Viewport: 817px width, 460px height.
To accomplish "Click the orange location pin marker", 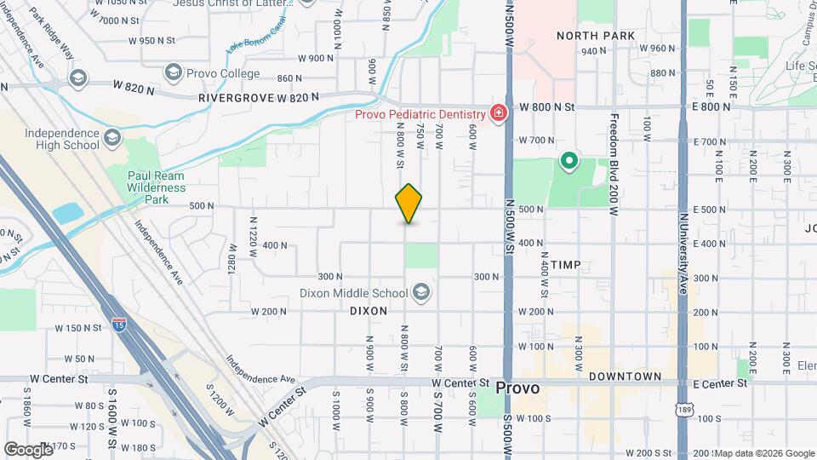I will (409, 204).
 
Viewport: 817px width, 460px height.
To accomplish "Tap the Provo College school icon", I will (174, 72).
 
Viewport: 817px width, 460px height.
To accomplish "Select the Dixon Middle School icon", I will (420, 293).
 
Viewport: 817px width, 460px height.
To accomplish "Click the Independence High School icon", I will (112, 137).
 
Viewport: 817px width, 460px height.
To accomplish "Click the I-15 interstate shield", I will (120, 324).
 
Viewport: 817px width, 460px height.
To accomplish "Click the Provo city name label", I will (517, 388).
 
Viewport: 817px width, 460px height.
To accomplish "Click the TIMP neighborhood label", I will (566, 265).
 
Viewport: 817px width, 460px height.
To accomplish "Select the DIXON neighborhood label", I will (369, 312).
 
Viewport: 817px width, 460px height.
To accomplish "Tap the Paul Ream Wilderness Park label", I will (156, 181).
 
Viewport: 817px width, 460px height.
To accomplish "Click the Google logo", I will (28, 448).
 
